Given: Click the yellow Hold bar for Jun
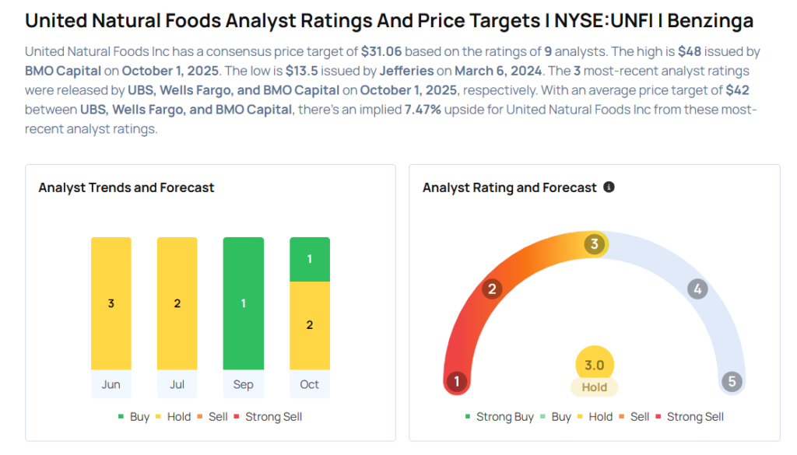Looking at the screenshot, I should [111, 303].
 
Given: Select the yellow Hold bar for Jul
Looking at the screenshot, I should [177, 303].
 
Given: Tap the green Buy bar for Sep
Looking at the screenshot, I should [244, 303].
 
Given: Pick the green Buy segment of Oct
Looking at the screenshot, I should [310, 259].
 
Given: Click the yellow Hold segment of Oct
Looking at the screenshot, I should [310, 325].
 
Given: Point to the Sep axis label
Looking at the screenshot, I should [244, 384].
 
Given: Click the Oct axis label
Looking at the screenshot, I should [310, 384].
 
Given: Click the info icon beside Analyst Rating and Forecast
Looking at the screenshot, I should [609, 187].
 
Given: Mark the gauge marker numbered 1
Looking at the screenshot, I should [457, 382].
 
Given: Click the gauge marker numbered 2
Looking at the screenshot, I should [491, 290].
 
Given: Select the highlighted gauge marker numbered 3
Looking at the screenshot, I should [595, 244].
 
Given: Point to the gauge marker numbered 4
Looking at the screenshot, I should [697, 289].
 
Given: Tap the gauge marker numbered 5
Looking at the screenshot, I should [732, 382].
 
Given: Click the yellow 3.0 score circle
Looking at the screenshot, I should [595, 365].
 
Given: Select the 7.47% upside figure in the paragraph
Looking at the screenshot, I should [423, 110].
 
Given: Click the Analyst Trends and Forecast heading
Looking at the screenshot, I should [126, 187].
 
